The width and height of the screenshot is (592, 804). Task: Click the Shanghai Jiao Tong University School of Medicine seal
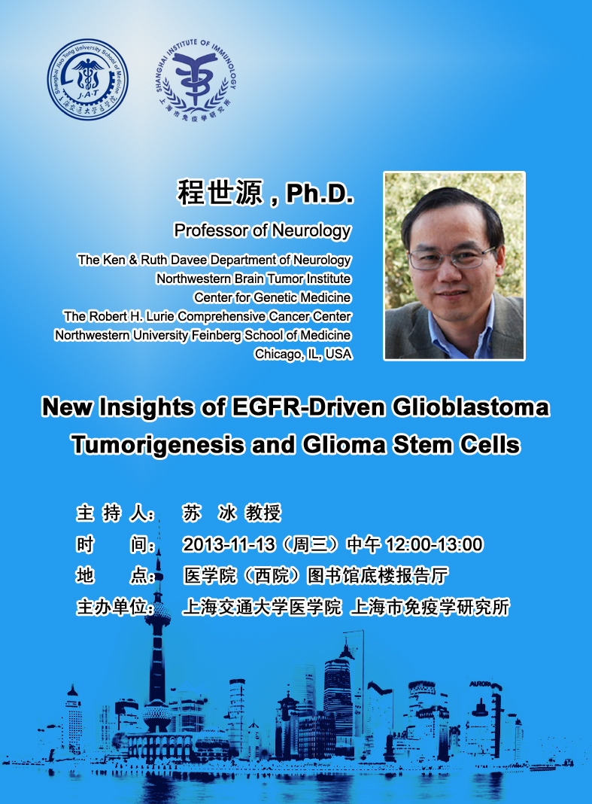88,80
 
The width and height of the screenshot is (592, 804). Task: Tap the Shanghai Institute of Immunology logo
196,80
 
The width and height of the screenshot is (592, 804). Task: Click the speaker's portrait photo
454,266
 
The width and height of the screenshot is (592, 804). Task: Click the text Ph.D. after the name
320,193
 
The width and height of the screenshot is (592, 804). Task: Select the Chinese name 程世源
220,193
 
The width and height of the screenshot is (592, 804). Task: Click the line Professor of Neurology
263,231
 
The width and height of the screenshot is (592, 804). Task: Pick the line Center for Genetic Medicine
272,297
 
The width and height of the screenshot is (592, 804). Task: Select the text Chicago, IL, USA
303,355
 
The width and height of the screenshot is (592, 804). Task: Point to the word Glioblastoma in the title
471,407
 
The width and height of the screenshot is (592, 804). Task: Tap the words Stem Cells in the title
456,445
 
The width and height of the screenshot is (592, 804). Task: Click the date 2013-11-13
229,544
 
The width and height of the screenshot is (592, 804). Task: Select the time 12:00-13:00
434,544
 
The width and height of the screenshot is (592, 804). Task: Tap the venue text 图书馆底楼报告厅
378,576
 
